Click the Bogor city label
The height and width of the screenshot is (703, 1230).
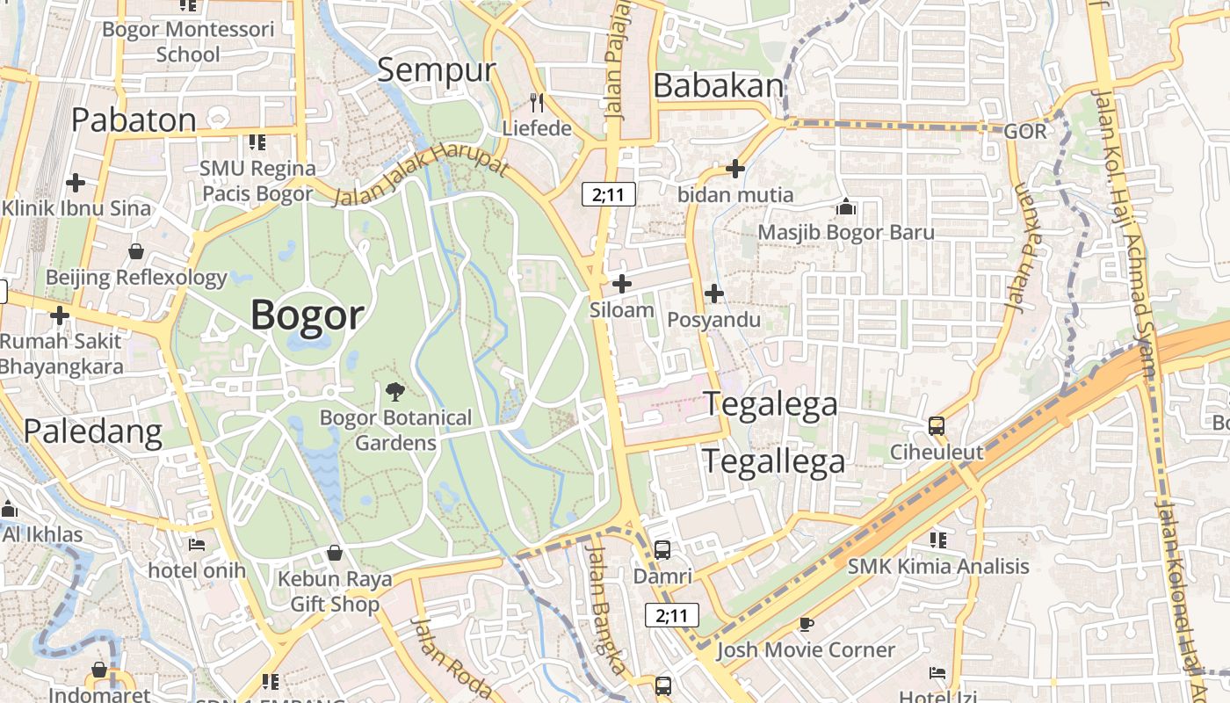(307, 315)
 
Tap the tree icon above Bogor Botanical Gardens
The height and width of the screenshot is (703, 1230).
(395, 392)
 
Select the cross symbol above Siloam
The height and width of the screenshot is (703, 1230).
(622, 284)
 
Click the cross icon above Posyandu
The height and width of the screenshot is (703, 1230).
(714, 294)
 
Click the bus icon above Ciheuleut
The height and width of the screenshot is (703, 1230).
(937, 426)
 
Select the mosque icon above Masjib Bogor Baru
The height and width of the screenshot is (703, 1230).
(846, 207)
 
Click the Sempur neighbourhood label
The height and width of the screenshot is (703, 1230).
(437, 70)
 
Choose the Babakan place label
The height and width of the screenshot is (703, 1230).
(719, 86)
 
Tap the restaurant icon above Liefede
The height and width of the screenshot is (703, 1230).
(537, 103)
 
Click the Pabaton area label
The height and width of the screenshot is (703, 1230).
(134, 120)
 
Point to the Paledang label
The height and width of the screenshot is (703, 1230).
(93, 431)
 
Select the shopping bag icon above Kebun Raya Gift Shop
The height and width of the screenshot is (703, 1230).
(334, 553)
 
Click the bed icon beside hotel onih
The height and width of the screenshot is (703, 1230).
(197, 545)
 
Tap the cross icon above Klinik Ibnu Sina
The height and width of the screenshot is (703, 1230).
(76, 183)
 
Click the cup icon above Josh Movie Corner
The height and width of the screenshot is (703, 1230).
(806, 624)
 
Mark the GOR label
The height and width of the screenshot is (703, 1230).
(1025, 132)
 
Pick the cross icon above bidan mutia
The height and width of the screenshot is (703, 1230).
(735, 169)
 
